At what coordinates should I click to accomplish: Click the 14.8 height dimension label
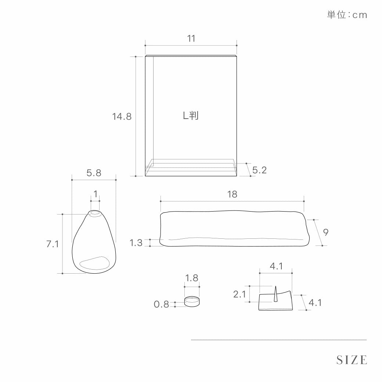pos(122,116)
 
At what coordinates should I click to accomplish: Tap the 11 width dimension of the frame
pos(191,39)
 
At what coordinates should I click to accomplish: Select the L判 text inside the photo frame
pos(191,115)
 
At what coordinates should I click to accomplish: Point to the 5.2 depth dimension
pos(259,170)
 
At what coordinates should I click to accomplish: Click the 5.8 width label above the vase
pos(94,173)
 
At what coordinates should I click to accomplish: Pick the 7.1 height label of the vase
pos(53,244)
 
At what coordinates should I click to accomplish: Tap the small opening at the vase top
pos(95,214)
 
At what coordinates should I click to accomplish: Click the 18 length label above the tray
pos(232,194)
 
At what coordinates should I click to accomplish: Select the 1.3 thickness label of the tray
pos(136,243)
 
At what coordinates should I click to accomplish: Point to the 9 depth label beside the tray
pos(326,232)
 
